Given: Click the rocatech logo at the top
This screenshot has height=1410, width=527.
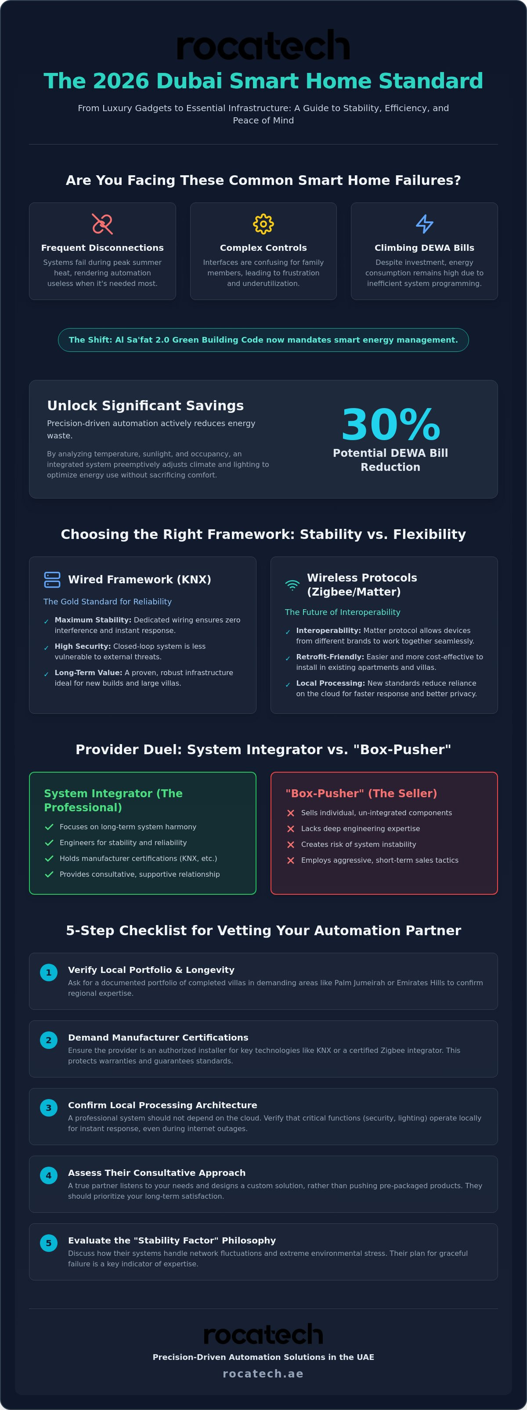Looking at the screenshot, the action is tap(263, 45).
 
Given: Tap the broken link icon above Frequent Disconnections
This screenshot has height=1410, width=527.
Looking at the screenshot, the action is tap(102, 224).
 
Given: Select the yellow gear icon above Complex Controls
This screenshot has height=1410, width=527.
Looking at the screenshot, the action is tap(263, 224).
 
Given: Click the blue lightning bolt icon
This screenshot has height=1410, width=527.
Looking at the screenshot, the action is tap(424, 224).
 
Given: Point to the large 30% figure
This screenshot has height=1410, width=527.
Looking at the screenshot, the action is tap(391, 425).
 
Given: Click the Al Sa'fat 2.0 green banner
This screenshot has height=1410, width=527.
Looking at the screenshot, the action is tap(263, 340).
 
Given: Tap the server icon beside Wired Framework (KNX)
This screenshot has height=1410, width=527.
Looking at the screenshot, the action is tap(52, 580).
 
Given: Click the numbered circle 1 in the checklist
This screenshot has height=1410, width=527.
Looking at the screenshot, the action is tap(49, 973).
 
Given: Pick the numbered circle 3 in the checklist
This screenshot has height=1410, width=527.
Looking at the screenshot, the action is tap(49, 1108).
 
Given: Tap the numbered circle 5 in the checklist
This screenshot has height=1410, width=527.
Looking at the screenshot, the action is tap(49, 1243).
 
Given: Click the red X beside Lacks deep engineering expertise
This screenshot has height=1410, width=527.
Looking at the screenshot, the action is tap(291, 829).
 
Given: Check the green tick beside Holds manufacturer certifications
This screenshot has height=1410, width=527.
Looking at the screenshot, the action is tap(49, 858).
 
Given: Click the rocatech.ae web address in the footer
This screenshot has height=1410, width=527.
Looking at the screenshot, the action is tap(263, 1374).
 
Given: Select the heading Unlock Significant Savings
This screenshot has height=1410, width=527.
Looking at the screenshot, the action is tap(145, 405).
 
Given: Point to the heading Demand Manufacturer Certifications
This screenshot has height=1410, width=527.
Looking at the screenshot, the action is tap(158, 1037).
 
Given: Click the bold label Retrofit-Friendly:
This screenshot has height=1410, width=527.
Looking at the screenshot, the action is tap(330, 657).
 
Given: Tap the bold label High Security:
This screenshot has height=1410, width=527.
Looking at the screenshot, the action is tap(83, 647).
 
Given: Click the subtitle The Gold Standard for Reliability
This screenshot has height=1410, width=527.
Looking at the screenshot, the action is tap(107, 601).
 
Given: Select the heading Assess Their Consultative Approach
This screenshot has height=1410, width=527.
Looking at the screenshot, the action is tap(156, 1172).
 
